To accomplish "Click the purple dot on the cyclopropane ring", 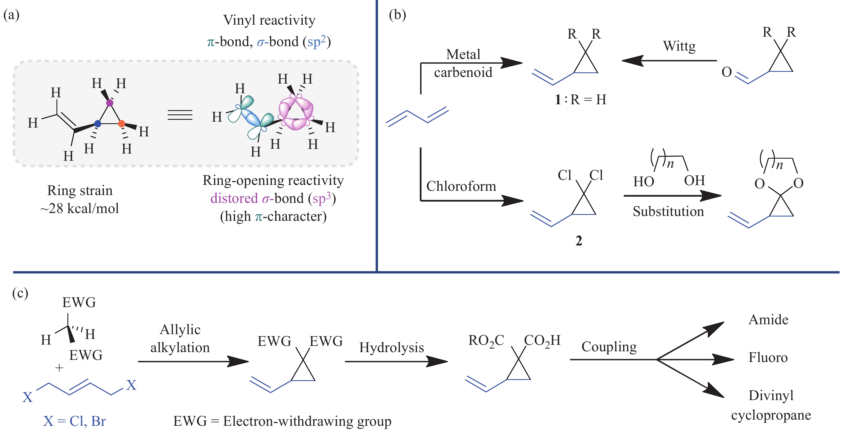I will point(110,103).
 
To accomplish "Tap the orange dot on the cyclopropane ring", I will point(121,124).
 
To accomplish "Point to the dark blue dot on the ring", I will point(97,124).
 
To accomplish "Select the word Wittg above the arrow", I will point(679,46).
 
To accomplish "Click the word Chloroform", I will point(461,186).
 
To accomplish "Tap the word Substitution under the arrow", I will point(668,211).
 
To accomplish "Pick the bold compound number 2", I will point(579,241).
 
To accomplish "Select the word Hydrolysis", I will point(391,347).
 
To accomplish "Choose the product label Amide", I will point(768,319).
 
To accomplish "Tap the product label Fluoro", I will point(768,357).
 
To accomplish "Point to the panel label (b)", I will point(397,15).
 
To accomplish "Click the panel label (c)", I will point(20,293).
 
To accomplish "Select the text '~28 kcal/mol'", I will point(79,208).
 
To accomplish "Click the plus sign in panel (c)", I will point(59,368).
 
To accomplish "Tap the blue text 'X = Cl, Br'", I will point(74,421).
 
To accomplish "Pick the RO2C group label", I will point(486,341).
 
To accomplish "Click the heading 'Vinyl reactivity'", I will point(269,20).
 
